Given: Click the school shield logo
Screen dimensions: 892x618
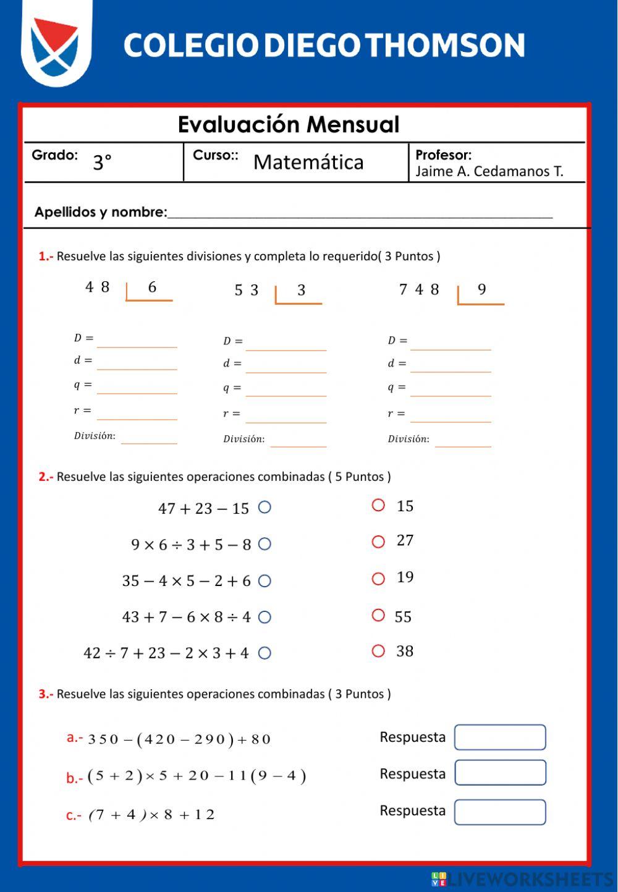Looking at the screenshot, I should (56, 45).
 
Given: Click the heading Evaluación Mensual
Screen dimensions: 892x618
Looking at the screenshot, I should (289, 124).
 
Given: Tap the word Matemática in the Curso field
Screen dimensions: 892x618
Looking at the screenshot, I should (308, 162).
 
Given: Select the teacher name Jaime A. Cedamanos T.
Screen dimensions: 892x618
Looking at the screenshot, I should (489, 171).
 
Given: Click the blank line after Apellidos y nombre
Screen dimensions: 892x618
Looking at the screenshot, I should (360, 212).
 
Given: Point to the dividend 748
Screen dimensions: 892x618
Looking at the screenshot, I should (419, 289).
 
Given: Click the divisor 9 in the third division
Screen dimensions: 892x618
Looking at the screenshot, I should (482, 289).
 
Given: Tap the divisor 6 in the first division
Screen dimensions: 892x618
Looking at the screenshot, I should (152, 287).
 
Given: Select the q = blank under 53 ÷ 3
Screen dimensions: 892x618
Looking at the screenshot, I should (286, 388).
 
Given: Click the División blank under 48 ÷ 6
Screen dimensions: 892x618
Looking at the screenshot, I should (149, 436).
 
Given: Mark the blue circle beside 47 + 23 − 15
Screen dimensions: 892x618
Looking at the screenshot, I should (265, 508).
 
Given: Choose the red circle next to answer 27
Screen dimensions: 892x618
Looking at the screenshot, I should (378, 542).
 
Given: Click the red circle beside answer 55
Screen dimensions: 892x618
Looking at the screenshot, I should (378, 615).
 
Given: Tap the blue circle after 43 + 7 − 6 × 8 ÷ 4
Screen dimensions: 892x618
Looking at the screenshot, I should (265, 617).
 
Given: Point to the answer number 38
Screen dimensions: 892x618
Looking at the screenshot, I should (405, 651).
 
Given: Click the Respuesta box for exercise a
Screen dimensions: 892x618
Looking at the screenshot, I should (500, 737).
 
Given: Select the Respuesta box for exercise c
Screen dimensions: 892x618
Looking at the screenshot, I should (500, 812).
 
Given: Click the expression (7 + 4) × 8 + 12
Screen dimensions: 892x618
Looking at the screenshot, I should (152, 815).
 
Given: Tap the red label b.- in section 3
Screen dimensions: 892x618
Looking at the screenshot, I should (74, 778).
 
